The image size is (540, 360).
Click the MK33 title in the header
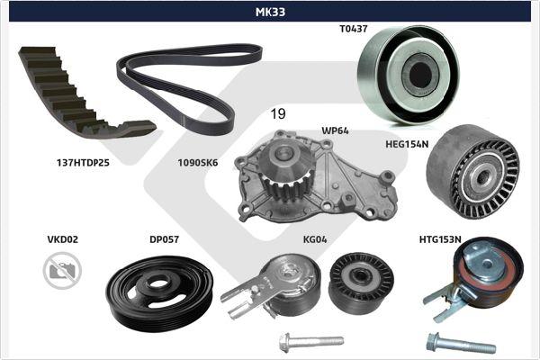point(270,12)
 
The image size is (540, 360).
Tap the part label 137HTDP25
point(83,163)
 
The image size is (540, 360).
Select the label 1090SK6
point(198,163)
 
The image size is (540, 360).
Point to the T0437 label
point(354,29)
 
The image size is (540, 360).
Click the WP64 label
point(335,130)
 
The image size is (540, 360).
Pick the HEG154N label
point(407,144)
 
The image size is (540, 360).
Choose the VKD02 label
point(63,239)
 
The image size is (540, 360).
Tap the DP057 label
point(165,239)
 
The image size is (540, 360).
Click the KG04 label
point(315,239)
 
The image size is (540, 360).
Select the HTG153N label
point(440,239)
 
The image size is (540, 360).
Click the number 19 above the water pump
point(278,113)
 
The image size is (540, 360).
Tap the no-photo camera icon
point(62,270)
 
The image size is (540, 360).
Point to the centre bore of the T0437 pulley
point(420,74)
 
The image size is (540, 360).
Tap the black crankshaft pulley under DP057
point(159,292)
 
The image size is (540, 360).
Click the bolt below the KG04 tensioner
point(311,342)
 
